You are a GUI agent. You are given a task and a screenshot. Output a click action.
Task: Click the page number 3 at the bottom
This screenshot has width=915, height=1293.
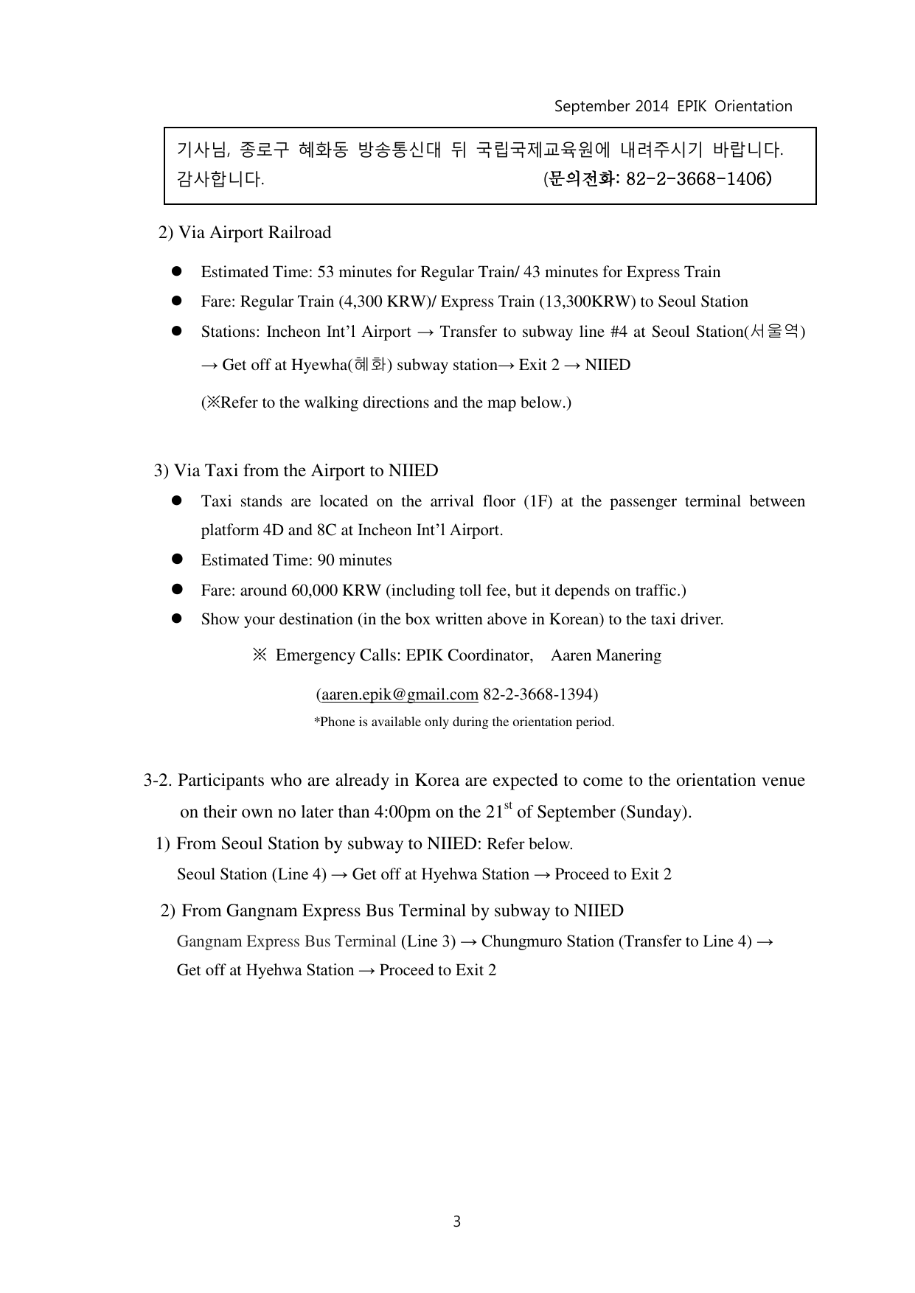[x=456, y=1221]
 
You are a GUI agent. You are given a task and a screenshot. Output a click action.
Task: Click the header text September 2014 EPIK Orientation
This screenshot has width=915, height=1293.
[x=672, y=106]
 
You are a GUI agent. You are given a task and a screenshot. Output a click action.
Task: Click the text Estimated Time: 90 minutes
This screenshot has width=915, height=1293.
[x=296, y=560]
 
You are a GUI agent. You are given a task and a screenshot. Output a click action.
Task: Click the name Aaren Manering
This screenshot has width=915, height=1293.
[x=605, y=655]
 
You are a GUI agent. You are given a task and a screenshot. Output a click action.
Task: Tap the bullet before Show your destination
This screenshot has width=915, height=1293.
[x=177, y=619]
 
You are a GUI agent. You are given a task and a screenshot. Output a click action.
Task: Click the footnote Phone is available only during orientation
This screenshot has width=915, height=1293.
[x=464, y=722]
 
